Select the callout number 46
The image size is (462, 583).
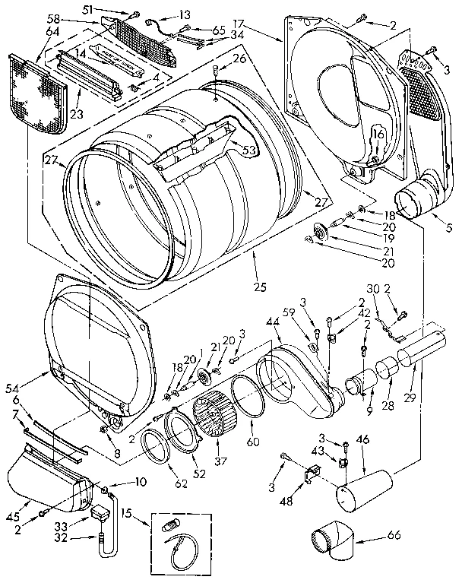pyautogui.click(x=364, y=439)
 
